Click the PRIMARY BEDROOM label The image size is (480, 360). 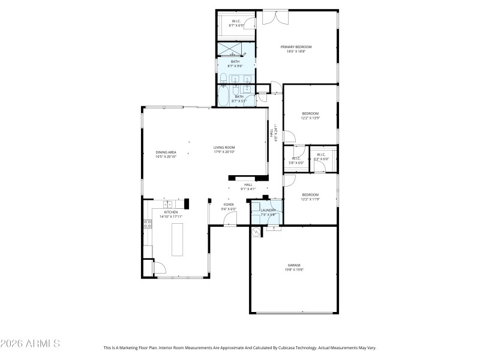(296, 47)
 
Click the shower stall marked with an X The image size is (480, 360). (235, 49)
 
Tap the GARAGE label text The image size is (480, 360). (294, 265)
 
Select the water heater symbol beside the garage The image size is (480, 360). (256, 232)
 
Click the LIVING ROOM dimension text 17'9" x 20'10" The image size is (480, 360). (224, 152)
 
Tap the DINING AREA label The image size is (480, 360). (166, 152)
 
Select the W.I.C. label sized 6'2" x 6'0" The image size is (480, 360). (320, 159)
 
